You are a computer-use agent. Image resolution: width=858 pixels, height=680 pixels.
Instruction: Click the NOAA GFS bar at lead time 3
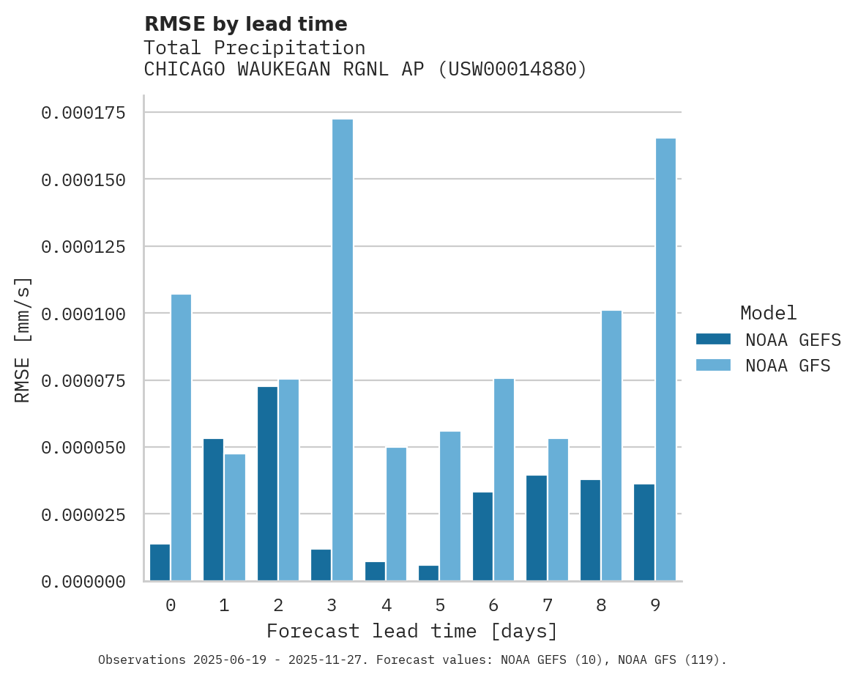pos(343,350)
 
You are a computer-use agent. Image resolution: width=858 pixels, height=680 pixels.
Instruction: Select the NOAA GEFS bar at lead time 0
pos(160,562)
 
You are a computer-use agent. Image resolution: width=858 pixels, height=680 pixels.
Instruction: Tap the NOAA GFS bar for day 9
pos(665,359)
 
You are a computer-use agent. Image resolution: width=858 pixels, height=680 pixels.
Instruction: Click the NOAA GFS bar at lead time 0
pos(181,437)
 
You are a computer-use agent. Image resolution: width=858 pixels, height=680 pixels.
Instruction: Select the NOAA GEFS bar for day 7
pos(537,528)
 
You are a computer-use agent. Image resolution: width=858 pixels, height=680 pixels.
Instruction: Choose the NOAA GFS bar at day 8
pos(611,446)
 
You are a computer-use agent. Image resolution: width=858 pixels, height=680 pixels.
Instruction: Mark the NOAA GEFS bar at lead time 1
pos(214,509)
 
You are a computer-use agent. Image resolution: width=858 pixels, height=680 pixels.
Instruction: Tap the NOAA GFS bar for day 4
pos(396,514)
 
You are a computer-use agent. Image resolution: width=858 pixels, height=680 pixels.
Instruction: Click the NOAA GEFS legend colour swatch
pos(713,339)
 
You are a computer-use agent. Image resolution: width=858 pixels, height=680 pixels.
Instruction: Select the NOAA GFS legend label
pos(788,365)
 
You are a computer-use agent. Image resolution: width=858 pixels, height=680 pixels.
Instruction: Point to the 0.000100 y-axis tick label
pos(83,314)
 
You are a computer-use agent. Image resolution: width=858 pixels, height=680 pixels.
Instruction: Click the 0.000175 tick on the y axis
pos(83,113)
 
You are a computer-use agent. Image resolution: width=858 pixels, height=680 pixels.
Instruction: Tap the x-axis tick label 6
pos(493,605)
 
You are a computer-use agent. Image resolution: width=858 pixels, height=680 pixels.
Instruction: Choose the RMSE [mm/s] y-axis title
pos(23,339)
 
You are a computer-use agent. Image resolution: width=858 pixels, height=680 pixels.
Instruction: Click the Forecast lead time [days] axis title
pos(412,631)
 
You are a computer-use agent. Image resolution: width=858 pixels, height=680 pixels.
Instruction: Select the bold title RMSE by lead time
pos(245,24)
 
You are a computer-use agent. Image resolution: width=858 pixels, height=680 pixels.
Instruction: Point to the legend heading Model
pos(768,313)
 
